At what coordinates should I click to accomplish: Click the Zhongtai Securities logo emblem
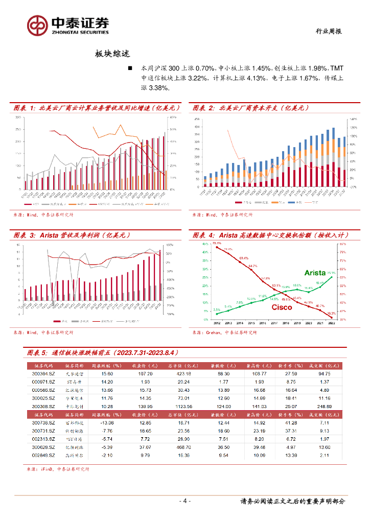(37, 25)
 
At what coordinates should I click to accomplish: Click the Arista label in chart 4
(315, 273)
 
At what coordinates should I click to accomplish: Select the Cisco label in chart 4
(282, 307)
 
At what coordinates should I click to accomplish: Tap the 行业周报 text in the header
(327, 32)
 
